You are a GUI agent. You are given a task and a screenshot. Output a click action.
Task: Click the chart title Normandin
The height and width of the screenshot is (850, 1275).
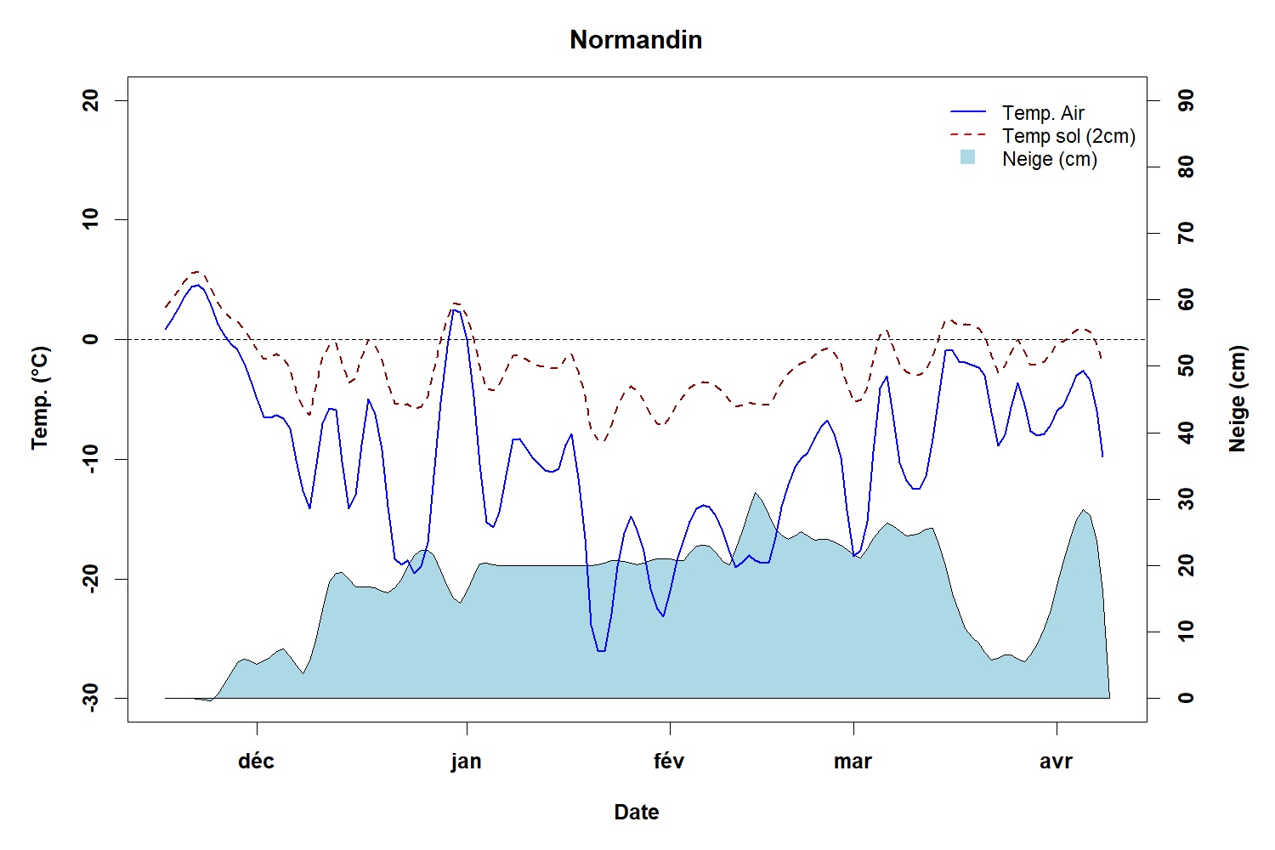tap(636, 40)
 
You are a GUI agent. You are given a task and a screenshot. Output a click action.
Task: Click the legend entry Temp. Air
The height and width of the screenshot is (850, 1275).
tap(1043, 113)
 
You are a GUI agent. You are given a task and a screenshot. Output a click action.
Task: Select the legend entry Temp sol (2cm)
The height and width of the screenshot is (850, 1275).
tap(1068, 136)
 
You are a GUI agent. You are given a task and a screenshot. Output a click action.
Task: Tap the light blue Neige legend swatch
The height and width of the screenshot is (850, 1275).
tap(967, 158)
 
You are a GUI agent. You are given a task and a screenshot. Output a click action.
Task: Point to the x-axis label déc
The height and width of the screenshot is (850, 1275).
tap(256, 761)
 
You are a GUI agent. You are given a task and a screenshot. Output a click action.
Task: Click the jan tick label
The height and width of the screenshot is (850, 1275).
tap(466, 761)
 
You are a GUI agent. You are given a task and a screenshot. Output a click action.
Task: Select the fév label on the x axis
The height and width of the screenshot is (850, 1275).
tap(669, 761)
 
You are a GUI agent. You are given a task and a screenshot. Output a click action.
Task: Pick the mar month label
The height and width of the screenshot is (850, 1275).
tap(853, 761)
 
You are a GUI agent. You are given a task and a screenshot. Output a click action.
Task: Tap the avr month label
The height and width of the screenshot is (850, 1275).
tap(1056, 761)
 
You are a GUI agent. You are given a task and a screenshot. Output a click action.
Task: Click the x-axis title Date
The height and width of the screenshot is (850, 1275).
tap(636, 813)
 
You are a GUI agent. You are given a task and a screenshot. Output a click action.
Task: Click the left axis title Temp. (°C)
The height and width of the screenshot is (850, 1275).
tap(40, 398)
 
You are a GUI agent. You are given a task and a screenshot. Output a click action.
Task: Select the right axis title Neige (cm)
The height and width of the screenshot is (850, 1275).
tap(1237, 398)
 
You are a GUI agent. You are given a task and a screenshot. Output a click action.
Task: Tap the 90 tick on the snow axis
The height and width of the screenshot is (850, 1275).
tap(1186, 100)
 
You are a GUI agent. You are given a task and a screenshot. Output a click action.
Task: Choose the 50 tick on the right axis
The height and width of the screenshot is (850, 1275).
tap(1186, 366)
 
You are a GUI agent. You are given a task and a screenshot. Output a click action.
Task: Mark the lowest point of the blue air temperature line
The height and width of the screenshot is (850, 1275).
tap(600, 651)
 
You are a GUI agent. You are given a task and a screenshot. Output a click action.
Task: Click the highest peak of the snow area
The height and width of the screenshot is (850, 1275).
tap(754, 492)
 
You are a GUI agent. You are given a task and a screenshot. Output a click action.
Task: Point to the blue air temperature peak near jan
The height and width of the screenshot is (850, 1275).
tap(455, 309)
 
